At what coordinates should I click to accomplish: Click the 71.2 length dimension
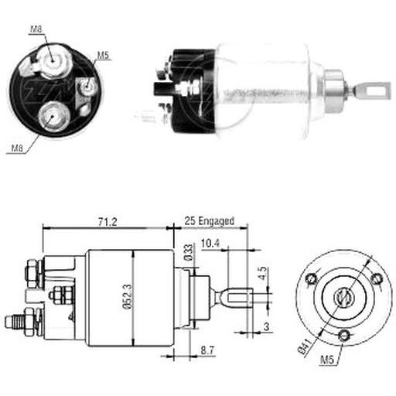coord(108,222)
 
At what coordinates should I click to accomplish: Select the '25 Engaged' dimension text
coord(209,221)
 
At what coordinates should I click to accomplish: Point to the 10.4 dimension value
coord(210,244)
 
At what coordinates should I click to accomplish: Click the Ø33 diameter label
coord(189,253)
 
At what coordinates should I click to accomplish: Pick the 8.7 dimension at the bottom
coord(207,350)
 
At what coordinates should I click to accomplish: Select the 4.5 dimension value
coord(262,274)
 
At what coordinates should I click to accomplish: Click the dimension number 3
coord(266,327)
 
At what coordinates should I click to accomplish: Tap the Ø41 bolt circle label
coord(306,346)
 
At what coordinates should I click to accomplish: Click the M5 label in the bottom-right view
coord(327,360)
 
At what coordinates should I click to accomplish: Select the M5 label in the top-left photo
coord(103,56)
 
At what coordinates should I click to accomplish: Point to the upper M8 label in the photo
coord(36,29)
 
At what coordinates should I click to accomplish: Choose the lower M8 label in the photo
coord(17,148)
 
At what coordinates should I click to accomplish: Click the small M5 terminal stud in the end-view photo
coord(87,86)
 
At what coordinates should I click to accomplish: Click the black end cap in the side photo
coord(193,90)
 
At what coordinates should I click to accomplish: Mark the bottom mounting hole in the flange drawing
coord(344,336)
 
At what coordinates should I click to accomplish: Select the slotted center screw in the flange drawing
coord(344,298)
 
